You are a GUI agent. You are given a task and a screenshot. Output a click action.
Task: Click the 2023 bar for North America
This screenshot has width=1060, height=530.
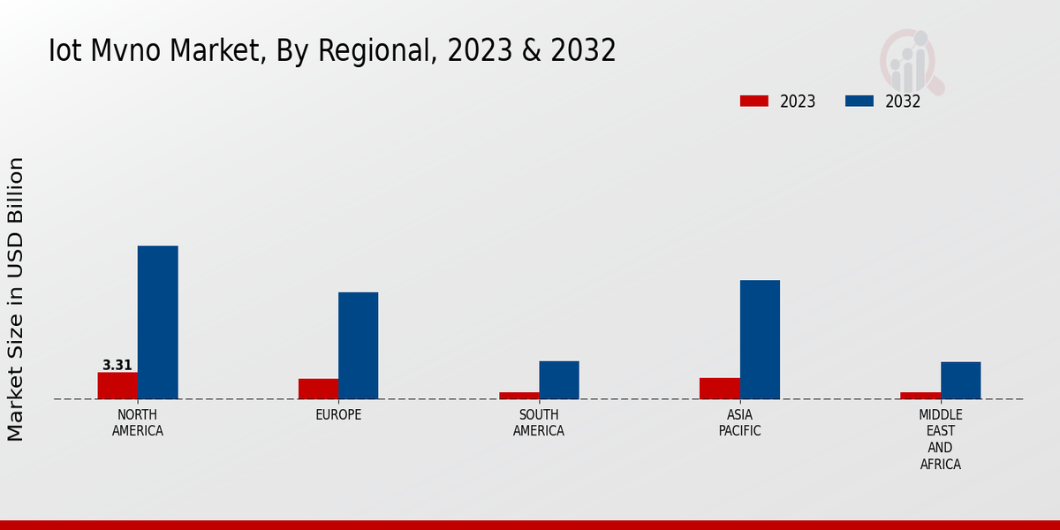(117, 385)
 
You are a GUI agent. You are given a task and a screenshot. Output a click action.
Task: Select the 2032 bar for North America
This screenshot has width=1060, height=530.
(157, 322)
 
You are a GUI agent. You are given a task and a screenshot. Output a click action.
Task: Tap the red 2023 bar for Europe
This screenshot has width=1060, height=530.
(318, 389)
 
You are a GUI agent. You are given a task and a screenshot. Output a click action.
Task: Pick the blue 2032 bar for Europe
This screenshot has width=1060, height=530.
(358, 345)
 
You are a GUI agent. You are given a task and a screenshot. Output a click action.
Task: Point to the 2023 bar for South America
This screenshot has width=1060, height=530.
(519, 395)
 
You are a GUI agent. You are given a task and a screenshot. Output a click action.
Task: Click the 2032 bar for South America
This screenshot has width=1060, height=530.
(559, 380)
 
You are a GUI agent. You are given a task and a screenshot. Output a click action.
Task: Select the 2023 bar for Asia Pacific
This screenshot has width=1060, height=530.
(719, 388)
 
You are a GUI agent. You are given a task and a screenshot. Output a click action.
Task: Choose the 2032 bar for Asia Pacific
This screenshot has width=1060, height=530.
(760, 339)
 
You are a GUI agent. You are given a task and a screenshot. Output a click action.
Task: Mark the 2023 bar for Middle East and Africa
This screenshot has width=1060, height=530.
(920, 395)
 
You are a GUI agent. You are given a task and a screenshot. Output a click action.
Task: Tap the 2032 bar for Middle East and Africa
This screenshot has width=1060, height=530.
(960, 380)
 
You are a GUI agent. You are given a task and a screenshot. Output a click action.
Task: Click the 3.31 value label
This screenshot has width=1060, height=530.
(117, 365)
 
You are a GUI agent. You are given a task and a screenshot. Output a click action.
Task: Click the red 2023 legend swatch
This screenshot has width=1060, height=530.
(753, 102)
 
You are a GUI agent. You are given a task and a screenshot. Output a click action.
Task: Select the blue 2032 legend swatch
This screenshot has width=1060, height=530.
(859, 102)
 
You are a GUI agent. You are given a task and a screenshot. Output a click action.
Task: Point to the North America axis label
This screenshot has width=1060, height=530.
(138, 423)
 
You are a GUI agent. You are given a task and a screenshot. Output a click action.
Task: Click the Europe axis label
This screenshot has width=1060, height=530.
(338, 415)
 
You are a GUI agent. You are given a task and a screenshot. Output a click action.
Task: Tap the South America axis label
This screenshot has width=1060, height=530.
(539, 423)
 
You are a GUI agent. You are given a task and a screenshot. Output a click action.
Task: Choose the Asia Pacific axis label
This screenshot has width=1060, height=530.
(739, 423)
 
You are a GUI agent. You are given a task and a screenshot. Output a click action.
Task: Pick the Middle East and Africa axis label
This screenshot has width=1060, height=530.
(941, 439)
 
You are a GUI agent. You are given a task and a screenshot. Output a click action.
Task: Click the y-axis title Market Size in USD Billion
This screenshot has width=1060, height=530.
(16, 299)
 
